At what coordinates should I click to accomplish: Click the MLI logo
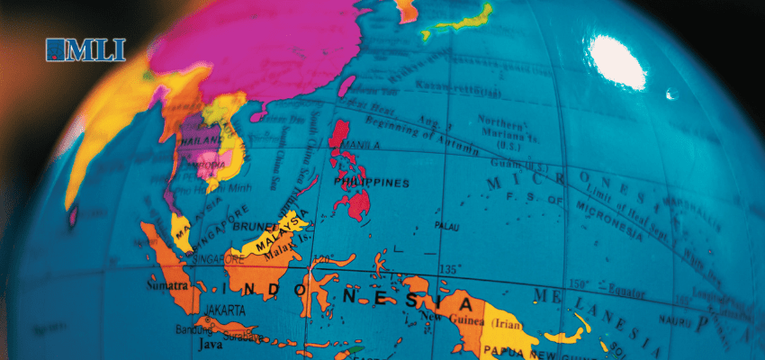point(85,49)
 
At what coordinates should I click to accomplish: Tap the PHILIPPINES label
point(371,183)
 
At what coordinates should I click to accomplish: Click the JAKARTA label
point(223,309)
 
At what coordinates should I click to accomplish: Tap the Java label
point(209,344)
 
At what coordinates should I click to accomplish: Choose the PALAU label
point(446,226)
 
